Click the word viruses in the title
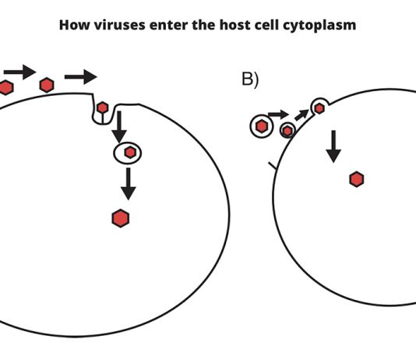pyautogui.click(x=119, y=25)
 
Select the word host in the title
pyautogui.click(x=235, y=25)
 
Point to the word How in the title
pyautogui.click(x=75, y=25)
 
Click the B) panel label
pyautogui.click(x=250, y=79)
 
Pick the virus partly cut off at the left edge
pyautogui.click(x=5, y=87)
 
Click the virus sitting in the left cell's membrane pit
pyautogui.click(x=102, y=108)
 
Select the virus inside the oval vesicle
pyautogui.click(x=130, y=153)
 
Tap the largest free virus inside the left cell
pyautogui.click(x=121, y=218)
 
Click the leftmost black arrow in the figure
pyautogui.click(x=19, y=72)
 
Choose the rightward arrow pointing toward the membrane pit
pyautogui.click(x=81, y=77)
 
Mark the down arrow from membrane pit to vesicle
pyautogui.click(x=119, y=127)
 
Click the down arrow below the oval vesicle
pyautogui.click(x=129, y=184)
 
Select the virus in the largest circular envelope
pyautogui.click(x=262, y=126)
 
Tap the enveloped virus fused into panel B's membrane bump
pyautogui.click(x=319, y=108)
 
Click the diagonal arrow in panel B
pyautogui.click(x=301, y=115)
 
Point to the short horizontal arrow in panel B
pyautogui.click(x=278, y=115)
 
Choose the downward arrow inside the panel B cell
pyautogui.click(x=333, y=146)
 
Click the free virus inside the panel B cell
pyautogui.click(x=357, y=179)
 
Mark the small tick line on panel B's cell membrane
pyautogui.click(x=273, y=165)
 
